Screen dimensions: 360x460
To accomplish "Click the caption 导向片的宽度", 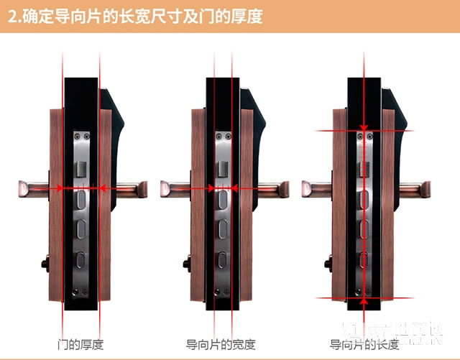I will (x=221, y=343).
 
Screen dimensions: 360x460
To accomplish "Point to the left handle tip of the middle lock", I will (x=166, y=189).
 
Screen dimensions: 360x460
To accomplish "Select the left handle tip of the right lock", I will (x=307, y=189).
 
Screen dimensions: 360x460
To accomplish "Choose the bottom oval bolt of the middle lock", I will (x=221, y=258).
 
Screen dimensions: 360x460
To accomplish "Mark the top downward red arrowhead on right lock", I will (x=364, y=127).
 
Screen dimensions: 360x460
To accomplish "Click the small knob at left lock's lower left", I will (x=44, y=262).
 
